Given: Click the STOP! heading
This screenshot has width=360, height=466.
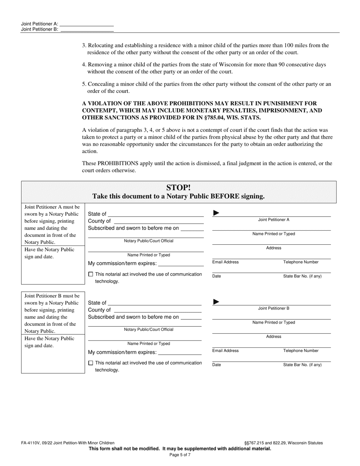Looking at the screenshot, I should point(178,188).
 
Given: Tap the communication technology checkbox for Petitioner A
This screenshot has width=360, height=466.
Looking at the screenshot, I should point(90,274).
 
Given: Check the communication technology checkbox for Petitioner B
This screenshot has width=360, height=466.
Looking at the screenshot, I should point(90,363).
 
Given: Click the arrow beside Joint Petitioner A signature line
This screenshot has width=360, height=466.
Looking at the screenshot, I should point(216,213).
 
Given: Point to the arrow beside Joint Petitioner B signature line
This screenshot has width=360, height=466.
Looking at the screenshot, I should point(216,302).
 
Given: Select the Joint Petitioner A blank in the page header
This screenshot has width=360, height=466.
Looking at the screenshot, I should point(87,23).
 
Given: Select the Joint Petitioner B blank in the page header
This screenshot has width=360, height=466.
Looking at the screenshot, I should point(87,29).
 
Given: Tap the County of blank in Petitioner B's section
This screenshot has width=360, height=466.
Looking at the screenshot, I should point(157,310).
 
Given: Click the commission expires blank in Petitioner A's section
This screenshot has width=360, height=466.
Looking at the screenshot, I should point(181,264).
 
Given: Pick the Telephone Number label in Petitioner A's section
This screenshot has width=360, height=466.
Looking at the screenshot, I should point(301,262).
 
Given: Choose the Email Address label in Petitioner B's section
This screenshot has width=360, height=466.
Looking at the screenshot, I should point(225,351).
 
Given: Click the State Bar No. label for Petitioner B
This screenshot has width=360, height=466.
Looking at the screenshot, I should point(302,365).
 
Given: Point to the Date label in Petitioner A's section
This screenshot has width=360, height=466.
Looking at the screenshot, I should point(216,276).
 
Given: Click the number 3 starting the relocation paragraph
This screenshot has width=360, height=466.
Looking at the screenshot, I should point(84,45).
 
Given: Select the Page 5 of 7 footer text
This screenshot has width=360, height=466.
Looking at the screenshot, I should point(180,455).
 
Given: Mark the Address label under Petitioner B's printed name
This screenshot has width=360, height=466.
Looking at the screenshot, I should point(274,336).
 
